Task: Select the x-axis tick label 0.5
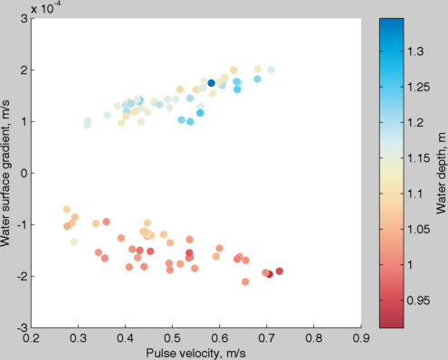173,339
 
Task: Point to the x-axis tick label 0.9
362,339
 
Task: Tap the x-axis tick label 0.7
267,339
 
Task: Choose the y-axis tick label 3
23,18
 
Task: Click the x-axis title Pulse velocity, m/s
196,352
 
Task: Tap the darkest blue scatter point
211,83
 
